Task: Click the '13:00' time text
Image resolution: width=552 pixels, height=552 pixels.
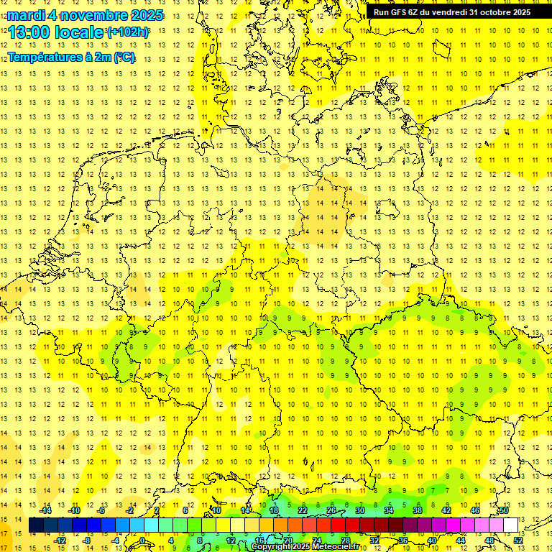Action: click(29, 32)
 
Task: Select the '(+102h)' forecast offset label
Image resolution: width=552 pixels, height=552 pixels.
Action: click(128, 32)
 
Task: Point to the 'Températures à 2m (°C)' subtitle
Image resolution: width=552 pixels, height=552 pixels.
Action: click(70, 57)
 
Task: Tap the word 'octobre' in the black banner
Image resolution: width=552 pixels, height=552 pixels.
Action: click(494, 11)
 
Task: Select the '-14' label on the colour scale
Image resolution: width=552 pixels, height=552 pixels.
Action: click(46, 510)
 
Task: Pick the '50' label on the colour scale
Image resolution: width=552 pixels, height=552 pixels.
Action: click(504, 510)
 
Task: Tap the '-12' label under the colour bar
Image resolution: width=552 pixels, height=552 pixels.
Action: click(60, 540)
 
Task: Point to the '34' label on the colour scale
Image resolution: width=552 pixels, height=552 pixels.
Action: click(389, 510)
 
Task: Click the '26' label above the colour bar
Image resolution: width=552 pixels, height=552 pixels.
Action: click(331, 510)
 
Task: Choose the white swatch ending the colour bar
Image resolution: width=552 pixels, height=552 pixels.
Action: click(511, 525)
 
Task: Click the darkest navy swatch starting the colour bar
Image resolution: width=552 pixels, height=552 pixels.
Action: click(36, 525)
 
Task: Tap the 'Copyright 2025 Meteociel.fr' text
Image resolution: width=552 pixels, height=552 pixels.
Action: click(304, 547)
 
